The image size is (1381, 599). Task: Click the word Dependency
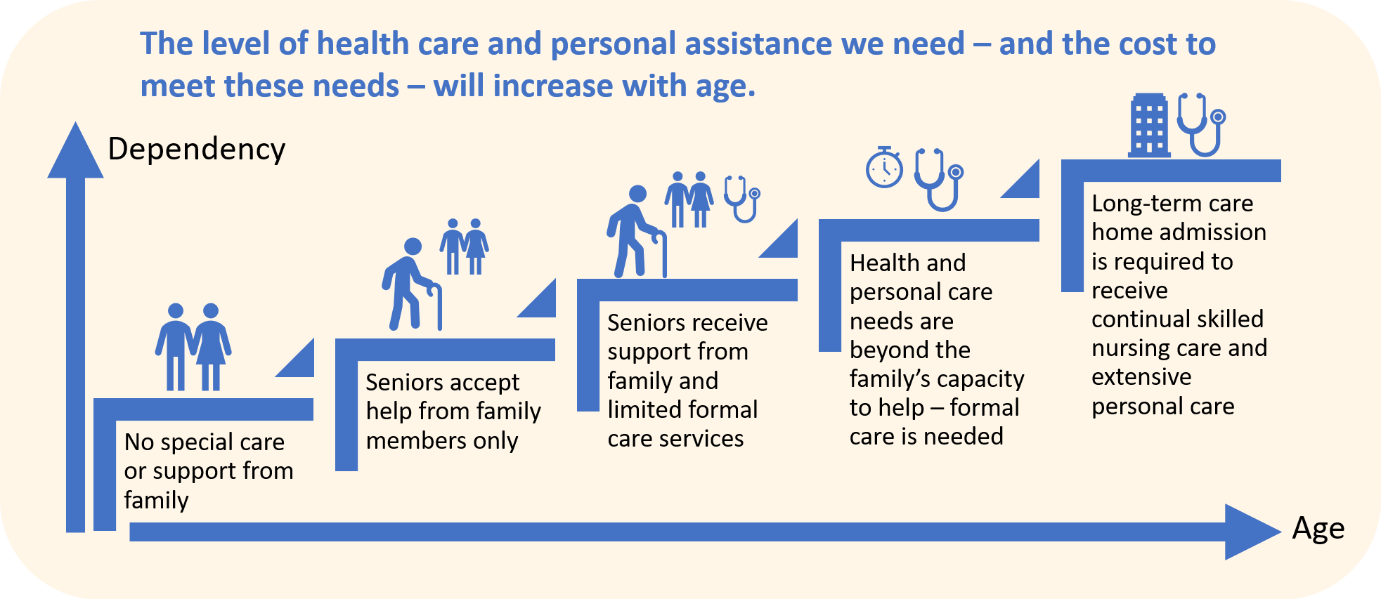point(197,150)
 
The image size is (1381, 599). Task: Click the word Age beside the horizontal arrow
point(1318,528)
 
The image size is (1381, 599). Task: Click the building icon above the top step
point(1148,125)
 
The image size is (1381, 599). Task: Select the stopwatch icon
point(884,168)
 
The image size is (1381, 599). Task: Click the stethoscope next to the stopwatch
point(938,179)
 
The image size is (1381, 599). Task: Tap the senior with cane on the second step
point(411,284)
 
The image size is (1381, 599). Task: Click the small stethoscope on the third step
point(742,199)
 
